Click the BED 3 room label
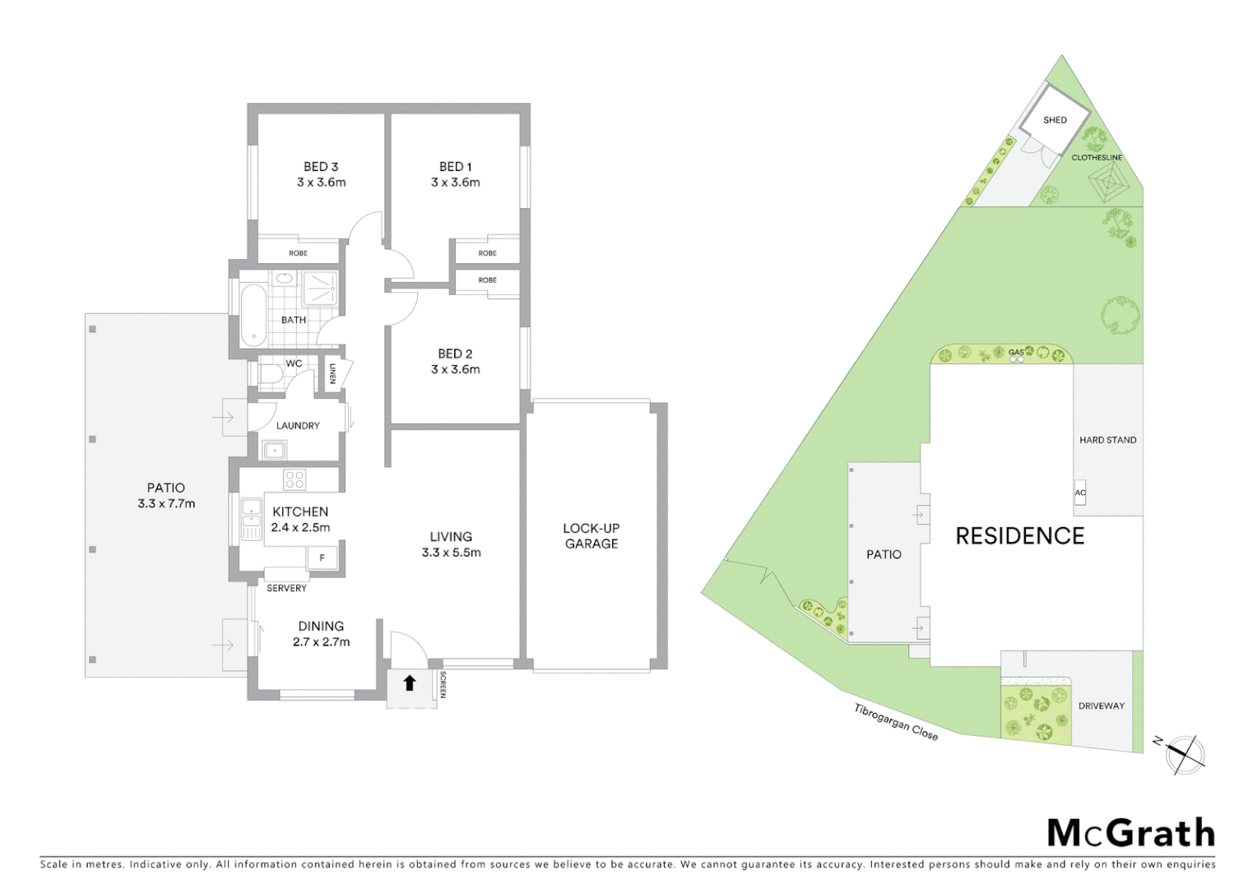coord(321,167)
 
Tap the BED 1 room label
coord(455,167)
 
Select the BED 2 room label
coord(455,354)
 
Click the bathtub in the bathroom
coord(253,315)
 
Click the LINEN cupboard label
coord(333,374)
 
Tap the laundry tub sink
coord(274,450)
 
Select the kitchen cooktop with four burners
coord(295,479)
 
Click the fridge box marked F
coord(322,558)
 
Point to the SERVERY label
coord(286,589)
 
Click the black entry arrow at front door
coord(410,682)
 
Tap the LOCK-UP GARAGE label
coord(591,536)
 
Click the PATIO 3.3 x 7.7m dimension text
coord(166,504)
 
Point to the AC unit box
coord(1080,492)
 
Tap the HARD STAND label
coord(1108,441)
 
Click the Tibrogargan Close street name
coord(896,722)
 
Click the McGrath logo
coord(1131,833)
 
